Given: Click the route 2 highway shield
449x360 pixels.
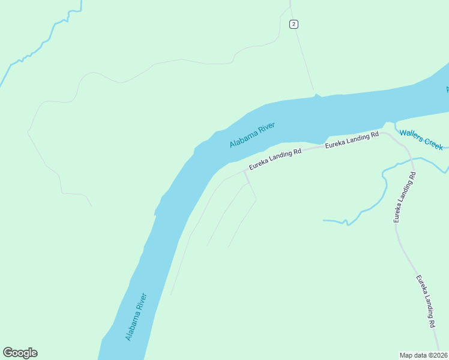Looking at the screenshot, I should tap(293, 24).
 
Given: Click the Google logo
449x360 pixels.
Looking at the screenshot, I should tap(20, 353).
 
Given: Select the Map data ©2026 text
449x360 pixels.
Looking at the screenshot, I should tap(423, 355).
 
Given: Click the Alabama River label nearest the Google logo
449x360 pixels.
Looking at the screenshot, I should tap(136, 317).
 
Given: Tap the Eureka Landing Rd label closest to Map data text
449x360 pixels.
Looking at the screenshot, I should tap(425, 301).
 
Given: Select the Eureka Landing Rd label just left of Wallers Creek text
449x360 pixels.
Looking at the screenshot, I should tap(352, 140).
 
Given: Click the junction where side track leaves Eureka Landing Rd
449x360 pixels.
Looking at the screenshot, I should tap(245, 171).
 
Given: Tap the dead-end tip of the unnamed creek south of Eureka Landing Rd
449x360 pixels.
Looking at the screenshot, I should tap(324, 220).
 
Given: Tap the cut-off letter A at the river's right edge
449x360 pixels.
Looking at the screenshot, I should tap(447, 89).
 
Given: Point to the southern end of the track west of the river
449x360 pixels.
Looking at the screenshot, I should tap(91, 206).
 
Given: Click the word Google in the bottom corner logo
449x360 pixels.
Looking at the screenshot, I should tap(20, 353).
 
